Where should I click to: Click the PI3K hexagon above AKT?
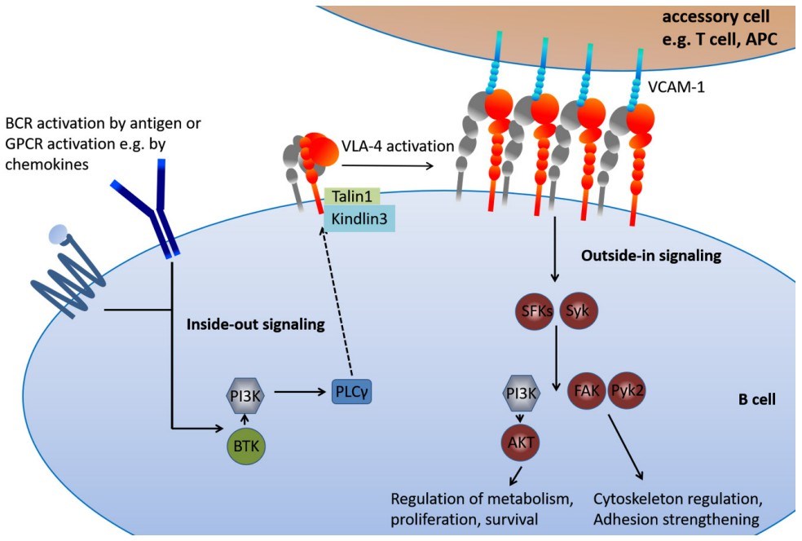[521, 392]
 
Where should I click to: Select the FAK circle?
[586, 390]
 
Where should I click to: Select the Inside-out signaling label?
[257, 324]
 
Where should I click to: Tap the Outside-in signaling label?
[650, 256]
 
